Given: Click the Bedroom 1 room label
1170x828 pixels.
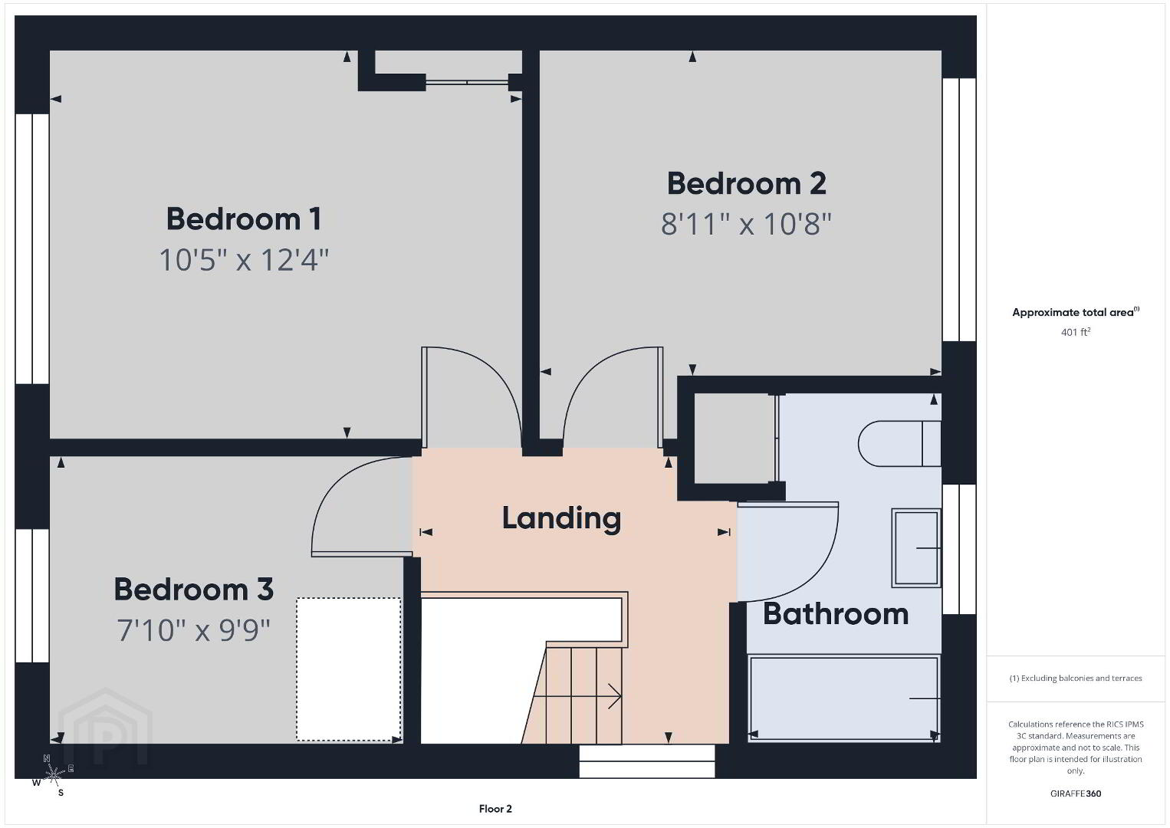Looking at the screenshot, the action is coord(243,219).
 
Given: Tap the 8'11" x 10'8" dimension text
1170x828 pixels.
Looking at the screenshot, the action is coord(746,224).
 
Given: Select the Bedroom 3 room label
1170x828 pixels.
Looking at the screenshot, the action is coord(194,590).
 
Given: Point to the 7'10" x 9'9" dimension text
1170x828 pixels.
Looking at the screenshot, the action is coord(193,630).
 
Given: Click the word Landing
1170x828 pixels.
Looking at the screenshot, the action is coord(561,519).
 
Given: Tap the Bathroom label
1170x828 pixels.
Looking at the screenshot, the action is coord(836,614).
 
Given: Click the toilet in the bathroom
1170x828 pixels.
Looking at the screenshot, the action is coord(899,443).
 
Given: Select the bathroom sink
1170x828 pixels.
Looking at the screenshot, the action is coord(916,548).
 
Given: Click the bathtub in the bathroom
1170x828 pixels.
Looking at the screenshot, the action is coord(844,698).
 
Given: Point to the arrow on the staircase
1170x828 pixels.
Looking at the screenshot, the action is coord(577,696).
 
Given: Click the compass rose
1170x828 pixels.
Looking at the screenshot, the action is coord(53,774).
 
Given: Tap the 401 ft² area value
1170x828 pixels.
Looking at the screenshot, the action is coord(1076,332).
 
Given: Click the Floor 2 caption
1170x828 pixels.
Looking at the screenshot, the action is coord(495,809).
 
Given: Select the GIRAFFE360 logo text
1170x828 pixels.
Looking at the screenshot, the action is coord(1076,793).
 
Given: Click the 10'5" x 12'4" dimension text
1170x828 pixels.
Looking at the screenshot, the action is coord(243,260).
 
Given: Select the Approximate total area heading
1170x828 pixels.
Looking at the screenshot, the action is coord(1076,312).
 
